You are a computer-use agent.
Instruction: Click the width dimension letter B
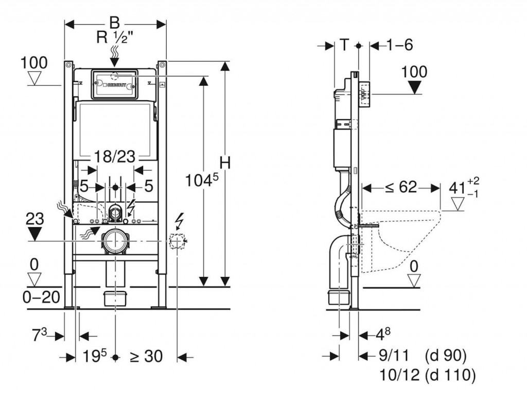(114, 23)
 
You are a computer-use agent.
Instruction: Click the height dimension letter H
(224, 163)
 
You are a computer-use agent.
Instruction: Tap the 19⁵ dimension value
(96, 356)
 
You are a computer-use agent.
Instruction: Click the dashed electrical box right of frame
(177, 240)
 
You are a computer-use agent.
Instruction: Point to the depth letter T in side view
(344, 45)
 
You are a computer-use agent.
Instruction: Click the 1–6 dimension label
(399, 45)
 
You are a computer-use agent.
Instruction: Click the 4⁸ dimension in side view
(383, 335)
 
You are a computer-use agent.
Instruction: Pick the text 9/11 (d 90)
(422, 355)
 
